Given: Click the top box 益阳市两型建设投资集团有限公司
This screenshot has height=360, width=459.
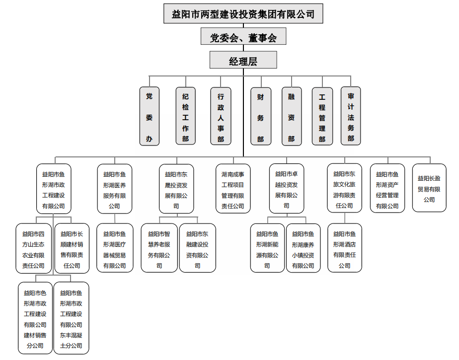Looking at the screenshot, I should tap(243, 14).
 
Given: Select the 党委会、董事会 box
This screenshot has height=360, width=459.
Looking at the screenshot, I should tap(243, 38).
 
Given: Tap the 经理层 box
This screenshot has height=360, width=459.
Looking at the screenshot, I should tap(243, 61).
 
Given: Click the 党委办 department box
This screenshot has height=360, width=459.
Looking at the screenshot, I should tap(149, 117).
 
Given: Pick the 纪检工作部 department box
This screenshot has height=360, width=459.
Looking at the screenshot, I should tap(185, 117).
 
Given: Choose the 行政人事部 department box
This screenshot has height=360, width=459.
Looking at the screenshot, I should tap(221, 117).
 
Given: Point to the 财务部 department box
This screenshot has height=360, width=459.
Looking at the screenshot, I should tap(260, 117).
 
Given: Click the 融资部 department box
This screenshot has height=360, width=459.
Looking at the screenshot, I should tap(291, 117).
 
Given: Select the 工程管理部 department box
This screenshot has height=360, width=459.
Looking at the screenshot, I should tap(322, 117).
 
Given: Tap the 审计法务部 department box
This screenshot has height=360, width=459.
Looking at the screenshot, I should tap(351, 117).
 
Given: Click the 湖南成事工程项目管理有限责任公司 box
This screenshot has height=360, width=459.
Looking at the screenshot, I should tap(232, 189).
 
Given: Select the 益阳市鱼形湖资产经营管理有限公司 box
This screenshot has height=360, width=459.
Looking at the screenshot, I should tap(387, 189).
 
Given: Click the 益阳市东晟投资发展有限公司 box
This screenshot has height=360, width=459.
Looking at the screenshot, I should tap(176, 189).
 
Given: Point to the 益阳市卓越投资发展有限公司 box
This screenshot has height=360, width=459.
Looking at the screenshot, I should tap(286, 189).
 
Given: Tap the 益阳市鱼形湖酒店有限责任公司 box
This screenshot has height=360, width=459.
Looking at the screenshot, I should tap(344, 248).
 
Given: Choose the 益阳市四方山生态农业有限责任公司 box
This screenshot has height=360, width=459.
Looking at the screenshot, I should tap(33, 248).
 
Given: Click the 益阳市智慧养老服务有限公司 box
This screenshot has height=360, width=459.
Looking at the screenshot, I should tap(159, 248).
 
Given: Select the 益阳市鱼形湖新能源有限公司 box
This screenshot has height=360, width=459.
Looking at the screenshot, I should tap(267, 248).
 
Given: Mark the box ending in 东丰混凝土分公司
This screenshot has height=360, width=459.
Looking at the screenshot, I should tap(71, 318).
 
